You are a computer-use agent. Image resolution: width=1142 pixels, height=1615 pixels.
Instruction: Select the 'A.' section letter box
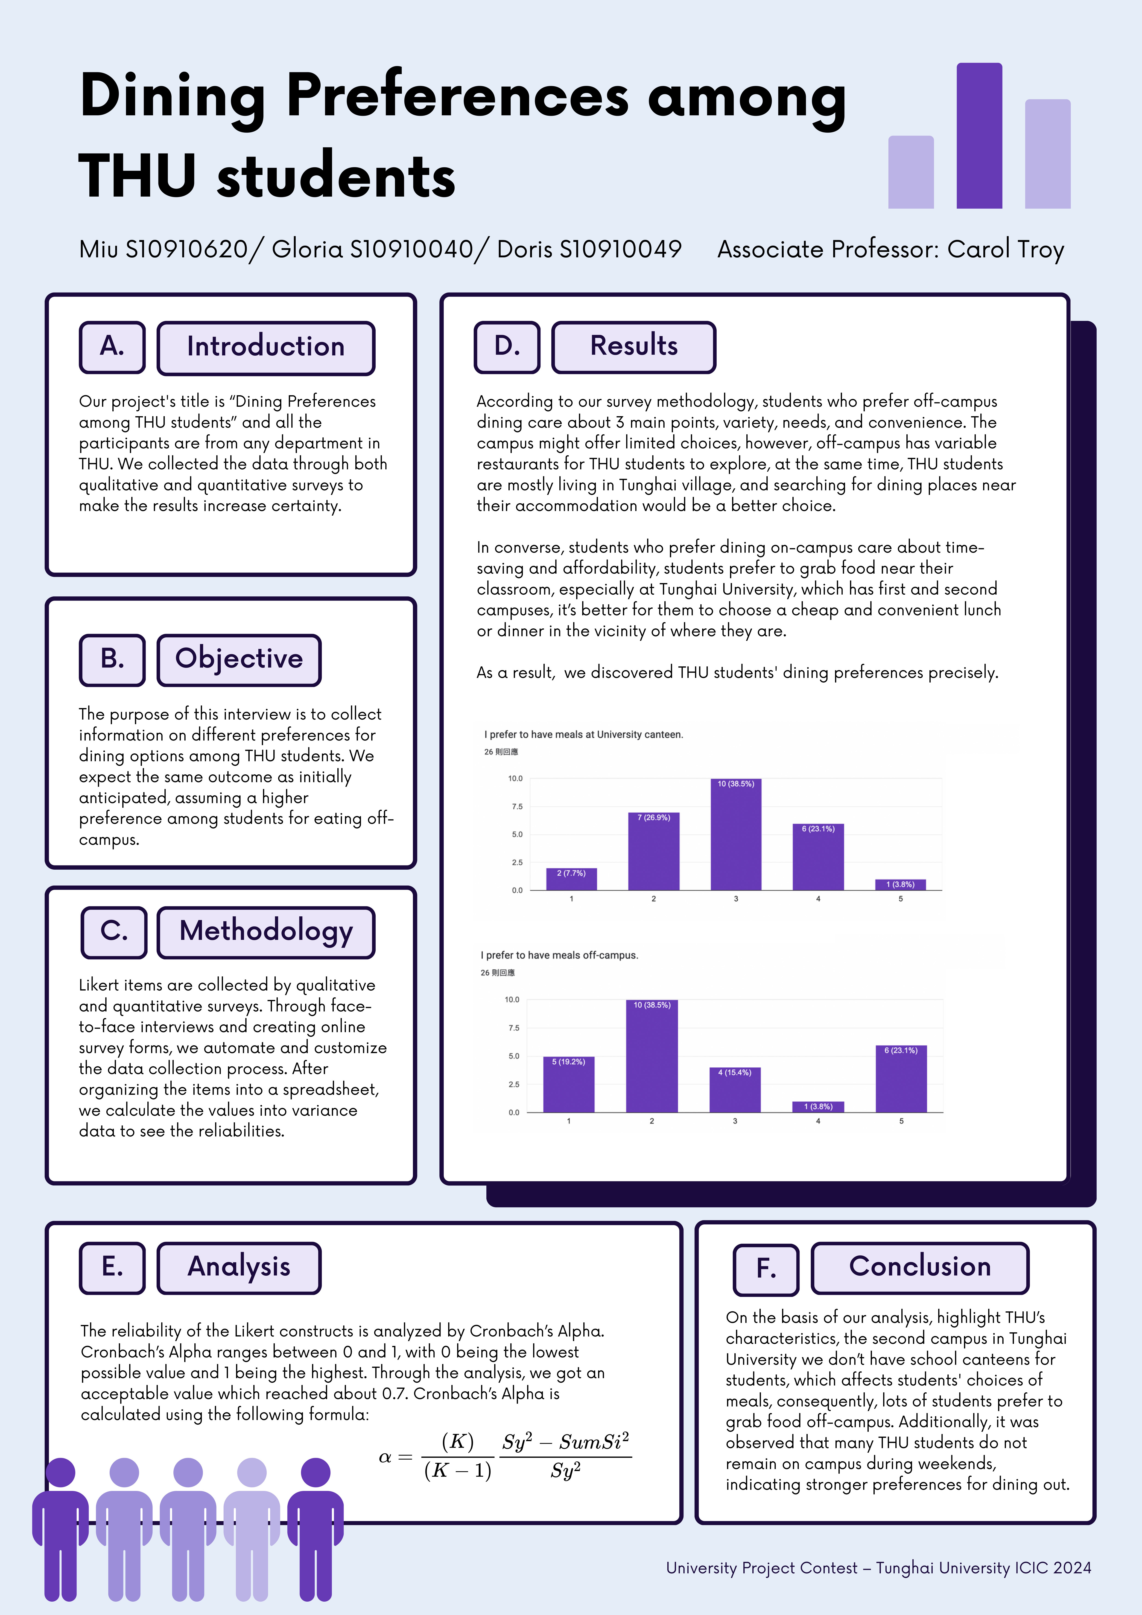pos(112,347)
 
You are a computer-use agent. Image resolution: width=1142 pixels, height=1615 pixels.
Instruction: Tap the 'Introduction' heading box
pos(265,347)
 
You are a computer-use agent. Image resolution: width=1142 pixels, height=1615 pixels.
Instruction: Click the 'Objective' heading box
pos(239,659)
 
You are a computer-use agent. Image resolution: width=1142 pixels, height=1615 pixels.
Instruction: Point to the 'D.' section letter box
pos(507,347)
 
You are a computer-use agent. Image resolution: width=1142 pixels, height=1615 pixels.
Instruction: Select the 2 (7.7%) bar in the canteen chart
pos(571,879)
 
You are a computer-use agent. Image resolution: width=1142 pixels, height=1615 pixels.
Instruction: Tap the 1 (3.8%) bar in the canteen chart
pos(900,885)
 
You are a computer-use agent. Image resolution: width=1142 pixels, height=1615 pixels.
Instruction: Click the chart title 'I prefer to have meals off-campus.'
pos(559,955)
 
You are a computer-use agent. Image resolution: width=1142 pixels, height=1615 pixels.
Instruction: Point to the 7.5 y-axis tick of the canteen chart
pos(517,807)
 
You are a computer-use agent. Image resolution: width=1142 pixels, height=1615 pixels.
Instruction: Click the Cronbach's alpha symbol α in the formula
pos(385,1457)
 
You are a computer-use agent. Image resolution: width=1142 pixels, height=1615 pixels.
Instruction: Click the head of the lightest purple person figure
pos(252,1472)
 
